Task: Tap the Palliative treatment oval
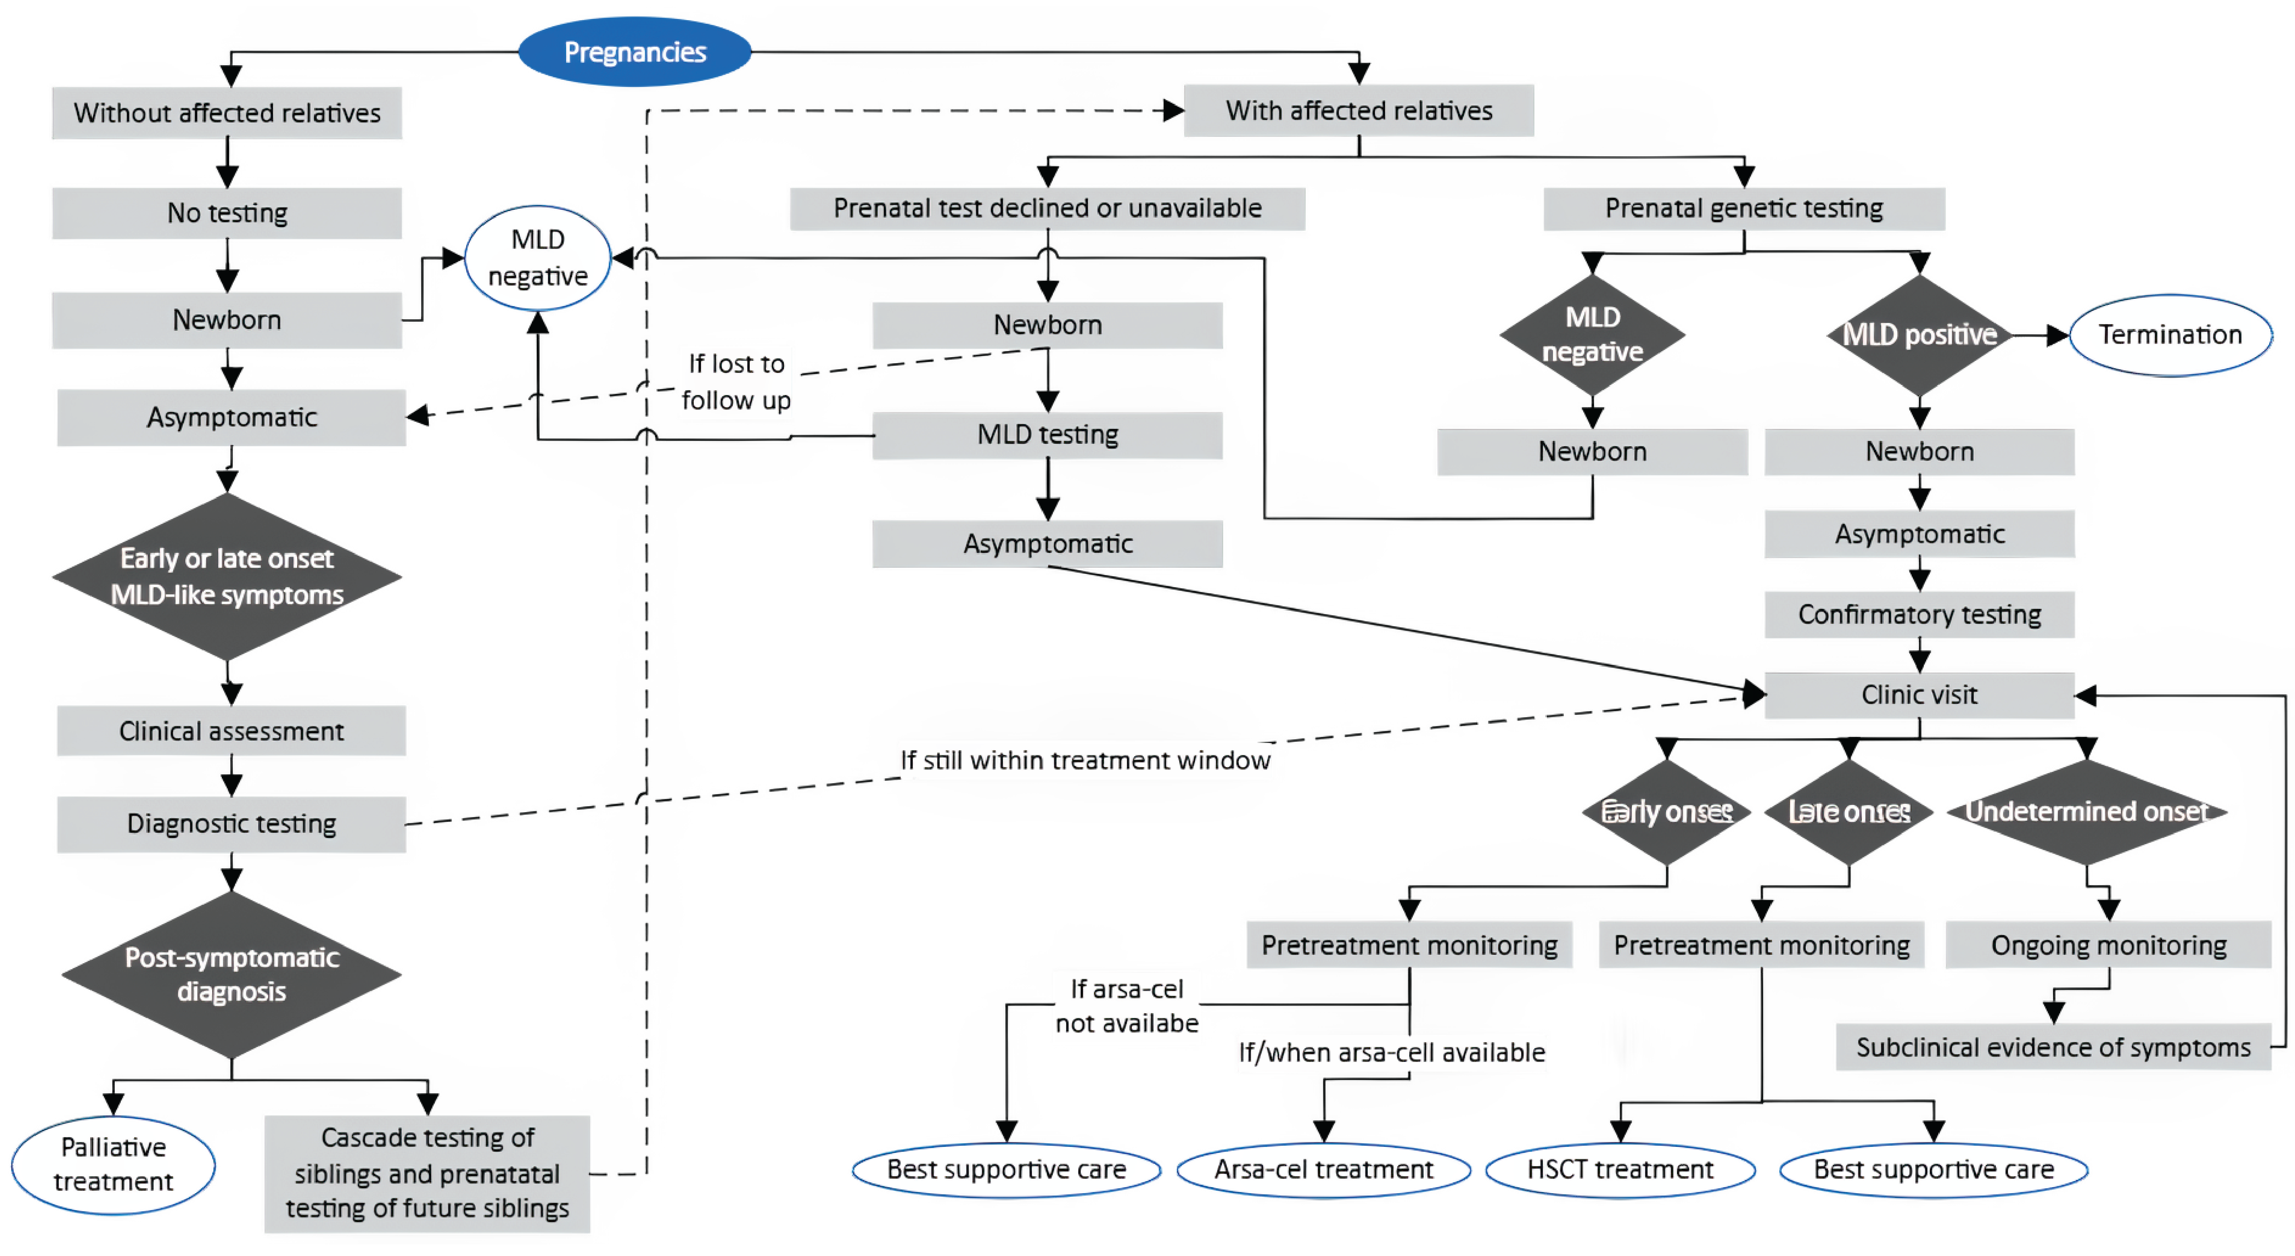pos(113,1164)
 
